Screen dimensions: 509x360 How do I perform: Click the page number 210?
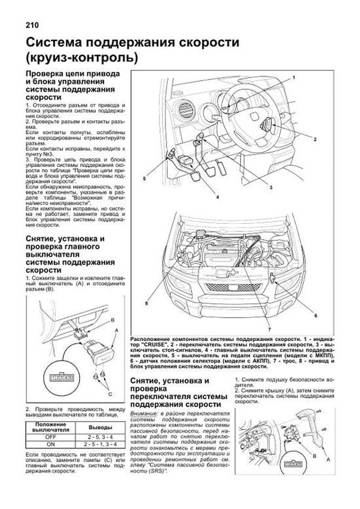click(32, 25)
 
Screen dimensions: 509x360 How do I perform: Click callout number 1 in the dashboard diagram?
click(294, 77)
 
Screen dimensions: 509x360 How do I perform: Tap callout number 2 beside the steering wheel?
click(315, 139)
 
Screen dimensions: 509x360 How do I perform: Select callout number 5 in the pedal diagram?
click(144, 179)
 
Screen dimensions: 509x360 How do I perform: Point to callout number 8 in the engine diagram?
click(146, 303)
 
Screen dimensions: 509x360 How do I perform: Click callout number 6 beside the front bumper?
click(316, 315)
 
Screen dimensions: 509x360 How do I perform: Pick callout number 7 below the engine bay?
click(269, 329)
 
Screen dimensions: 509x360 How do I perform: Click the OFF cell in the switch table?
click(50, 437)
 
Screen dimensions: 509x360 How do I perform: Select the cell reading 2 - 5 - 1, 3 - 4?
click(100, 444)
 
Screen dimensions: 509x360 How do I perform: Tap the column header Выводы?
click(100, 427)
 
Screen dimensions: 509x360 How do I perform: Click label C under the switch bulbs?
click(110, 394)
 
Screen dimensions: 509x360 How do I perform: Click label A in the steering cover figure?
click(328, 460)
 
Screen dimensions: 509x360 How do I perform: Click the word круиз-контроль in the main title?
click(82, 57)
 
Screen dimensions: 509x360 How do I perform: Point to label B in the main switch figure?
click(113, 320)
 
